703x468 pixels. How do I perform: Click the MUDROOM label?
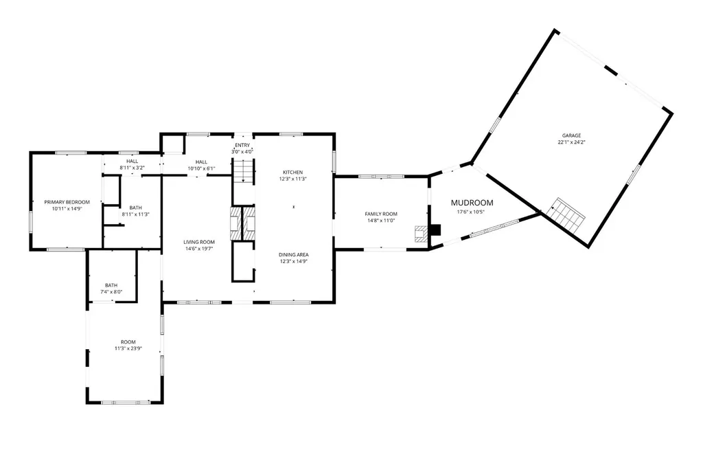[x=472, y=203]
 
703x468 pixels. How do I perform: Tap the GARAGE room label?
[x=572, y=135]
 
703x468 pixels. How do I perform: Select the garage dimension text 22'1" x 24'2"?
[x=572, y=142]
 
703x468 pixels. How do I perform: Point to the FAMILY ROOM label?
[x=381, y=214]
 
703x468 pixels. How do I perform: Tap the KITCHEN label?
[x=292, y=172]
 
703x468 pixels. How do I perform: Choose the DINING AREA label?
[x=294, y=255]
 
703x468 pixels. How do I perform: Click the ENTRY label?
[x=242, y=146]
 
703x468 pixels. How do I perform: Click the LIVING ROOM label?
[x=199, y=243]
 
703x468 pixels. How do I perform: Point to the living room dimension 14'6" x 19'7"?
[x=199, y=249]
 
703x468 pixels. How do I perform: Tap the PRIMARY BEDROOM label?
[x=67, y=202]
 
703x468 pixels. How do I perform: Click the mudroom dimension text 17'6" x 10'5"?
[x=471, y=212]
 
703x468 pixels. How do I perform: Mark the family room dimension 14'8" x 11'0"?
[x=381, y=221]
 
